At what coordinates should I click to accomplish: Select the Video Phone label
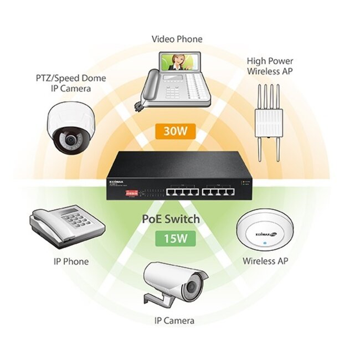[177, 39]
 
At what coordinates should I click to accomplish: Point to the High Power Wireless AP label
[270, 66]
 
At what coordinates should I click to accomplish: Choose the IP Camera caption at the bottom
[174, 320]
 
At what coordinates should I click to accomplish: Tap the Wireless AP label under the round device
[265, 260]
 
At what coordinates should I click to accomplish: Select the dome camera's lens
[70, 141]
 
